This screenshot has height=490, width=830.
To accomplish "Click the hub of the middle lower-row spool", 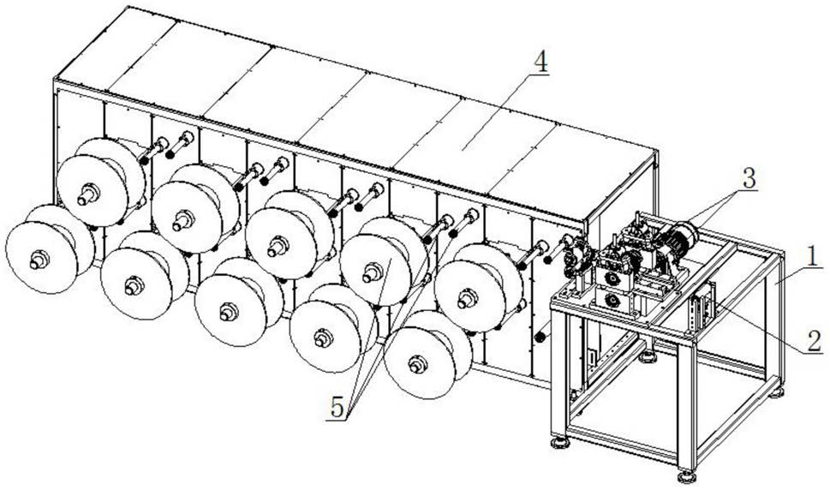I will (x=227, y=312).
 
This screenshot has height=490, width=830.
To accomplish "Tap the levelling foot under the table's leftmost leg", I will (x=562, y=443).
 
